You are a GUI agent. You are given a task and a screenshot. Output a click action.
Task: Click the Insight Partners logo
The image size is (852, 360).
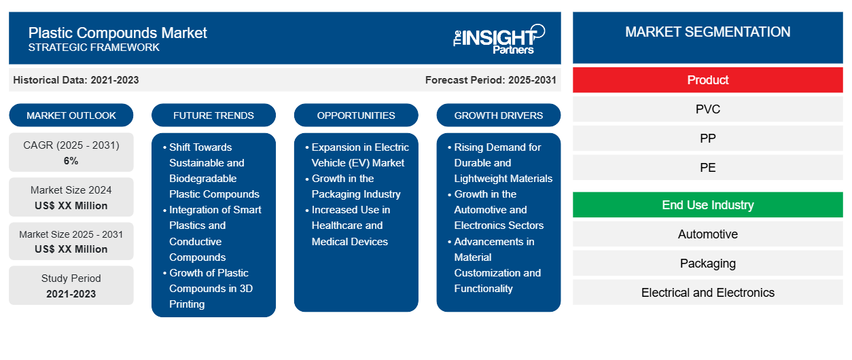[x=499, y=39]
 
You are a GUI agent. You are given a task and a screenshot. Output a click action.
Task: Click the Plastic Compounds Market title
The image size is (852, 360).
[x=118, y=33]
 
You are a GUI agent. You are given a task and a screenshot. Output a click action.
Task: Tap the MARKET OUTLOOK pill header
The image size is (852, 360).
[x=71, y=115]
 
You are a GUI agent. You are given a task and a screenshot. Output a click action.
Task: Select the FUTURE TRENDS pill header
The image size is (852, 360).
[x=213, y=115]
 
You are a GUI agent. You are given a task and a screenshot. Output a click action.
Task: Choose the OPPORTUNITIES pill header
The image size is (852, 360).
[x=356, y=115]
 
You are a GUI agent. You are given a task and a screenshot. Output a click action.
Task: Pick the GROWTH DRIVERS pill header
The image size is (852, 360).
[x=498, y=115]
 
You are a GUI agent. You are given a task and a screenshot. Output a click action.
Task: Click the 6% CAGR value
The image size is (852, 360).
[x=71, y=161]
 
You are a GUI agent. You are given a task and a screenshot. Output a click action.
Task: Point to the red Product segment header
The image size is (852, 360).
[x=707, y=80]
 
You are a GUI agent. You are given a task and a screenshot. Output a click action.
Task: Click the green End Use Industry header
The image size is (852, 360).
[x=707, y=205]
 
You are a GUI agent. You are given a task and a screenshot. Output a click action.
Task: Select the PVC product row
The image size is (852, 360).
[x=707, y=109]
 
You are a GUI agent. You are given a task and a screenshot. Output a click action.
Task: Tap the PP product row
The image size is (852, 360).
[x=707, y=139]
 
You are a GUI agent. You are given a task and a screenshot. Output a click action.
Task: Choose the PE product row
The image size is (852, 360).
[x=707, y=167]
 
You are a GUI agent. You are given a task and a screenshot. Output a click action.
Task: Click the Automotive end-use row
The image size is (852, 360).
[x=707, y=234]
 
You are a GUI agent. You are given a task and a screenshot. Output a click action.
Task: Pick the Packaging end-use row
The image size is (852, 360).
[x=707, y=263]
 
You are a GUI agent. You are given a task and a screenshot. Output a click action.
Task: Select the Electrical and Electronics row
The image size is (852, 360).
[x=707, y=292]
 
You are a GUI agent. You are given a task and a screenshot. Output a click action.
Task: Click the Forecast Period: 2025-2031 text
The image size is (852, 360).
[x=491, y=80]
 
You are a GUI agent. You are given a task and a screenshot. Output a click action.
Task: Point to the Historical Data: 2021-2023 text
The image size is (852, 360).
[x=76, y=80]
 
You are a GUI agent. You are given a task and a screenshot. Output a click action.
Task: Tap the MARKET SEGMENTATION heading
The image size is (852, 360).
[x=707, y=32]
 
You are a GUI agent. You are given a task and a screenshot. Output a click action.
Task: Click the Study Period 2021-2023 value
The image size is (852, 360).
[x=71, y=294]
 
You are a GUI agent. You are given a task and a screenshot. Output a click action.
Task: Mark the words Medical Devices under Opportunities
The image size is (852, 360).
[x=349, y=242]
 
